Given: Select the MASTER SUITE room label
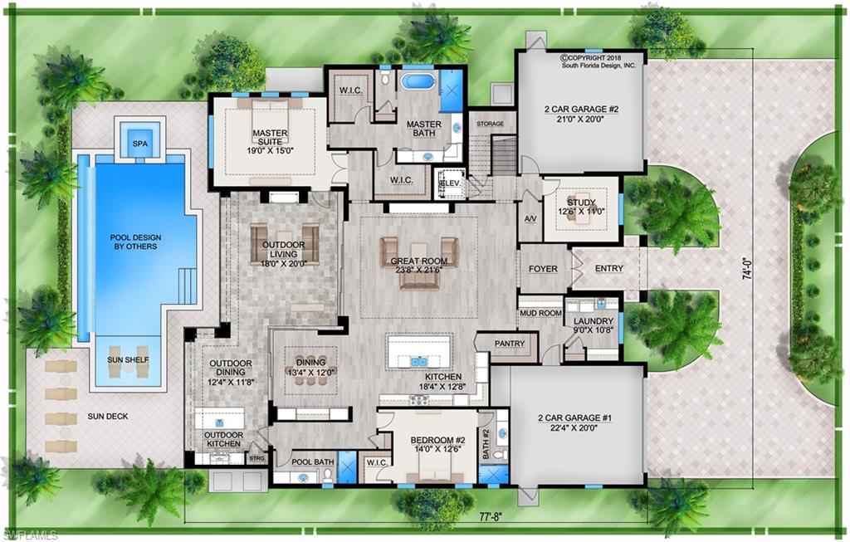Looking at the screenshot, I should pos(270,136).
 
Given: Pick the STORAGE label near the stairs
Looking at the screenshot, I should pos(491,124).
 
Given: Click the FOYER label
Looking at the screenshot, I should pos(543,269).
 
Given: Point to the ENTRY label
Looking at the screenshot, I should pos(608,269).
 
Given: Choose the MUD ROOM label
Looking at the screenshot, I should pos(540,314).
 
